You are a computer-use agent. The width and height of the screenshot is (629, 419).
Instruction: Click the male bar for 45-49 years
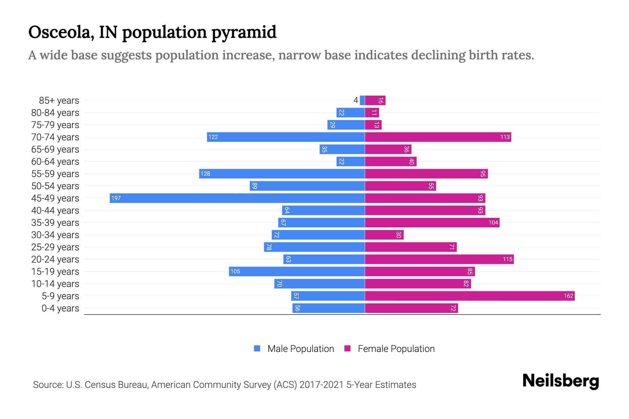pos(238,198)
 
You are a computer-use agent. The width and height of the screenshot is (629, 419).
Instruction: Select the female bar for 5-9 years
pos(470,296)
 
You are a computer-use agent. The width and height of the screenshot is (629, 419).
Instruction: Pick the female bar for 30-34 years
pos(384,235)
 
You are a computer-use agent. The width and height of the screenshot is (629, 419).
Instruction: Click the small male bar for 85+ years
pos(362,100)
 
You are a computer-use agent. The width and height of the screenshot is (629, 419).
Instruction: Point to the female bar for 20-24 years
pos(439,259)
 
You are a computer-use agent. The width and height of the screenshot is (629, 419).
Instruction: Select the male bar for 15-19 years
pos(297,271)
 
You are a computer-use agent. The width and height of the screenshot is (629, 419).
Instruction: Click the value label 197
pos(116,198)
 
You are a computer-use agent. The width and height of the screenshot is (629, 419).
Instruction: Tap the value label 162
pos(568,296)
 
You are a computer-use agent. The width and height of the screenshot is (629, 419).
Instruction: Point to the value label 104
pos(493,222)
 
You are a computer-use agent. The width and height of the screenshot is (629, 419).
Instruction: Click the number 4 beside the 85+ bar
pos(356,100)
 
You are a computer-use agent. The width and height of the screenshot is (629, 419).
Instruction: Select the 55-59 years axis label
pos(55,174)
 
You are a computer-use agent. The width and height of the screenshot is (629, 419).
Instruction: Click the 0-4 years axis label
pos(60,308)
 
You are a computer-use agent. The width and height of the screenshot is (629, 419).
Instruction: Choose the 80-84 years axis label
pos(55,112)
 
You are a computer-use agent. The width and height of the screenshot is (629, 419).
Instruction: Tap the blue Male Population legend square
pos(257,348)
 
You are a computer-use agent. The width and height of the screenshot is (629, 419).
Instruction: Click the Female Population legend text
pos(396,348)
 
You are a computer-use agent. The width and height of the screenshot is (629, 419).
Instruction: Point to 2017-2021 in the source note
pos(321,384)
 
